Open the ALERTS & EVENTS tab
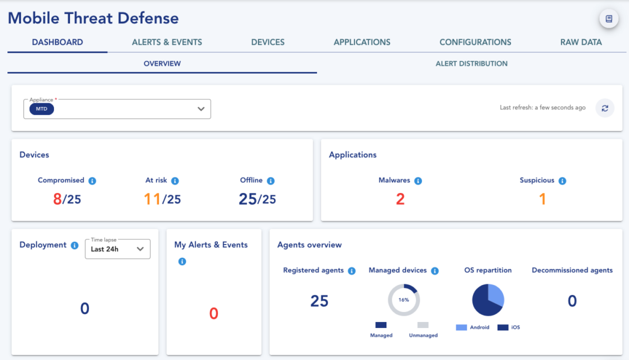click(x=167, y=42)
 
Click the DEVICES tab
click(x=268, y=42)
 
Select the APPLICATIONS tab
click(x=362, y=42)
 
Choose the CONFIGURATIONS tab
click(x=475, y=42)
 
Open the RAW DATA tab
click(x=581, y=42)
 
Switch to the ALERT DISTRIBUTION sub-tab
click(x=471, y=63)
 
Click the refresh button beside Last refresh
click(x=605, y=108)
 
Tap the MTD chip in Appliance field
click(x=42, y=109)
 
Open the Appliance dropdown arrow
click(x=201, y=109)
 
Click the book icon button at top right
click(x=609, y=19)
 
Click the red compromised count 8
click(x=57, y=199)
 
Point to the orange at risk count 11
click(x=152, y=199)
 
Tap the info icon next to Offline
click(x=271, y=181)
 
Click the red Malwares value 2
click(x=400, y=199)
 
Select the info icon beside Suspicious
click(x=562, y=181)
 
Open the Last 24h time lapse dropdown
click(x=117, y=249)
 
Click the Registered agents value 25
click(x=319, y=301)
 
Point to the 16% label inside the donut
click(x=404, y=300)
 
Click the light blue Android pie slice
click(x=494, y=295)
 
